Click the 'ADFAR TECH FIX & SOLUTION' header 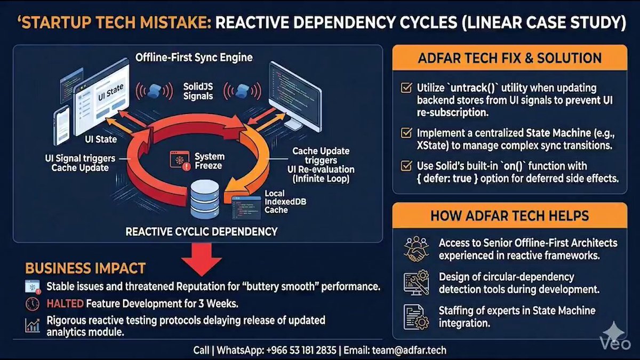tap(510, 58)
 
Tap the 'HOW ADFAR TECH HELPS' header tap(510, 215)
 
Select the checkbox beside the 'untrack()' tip tap(406, 87)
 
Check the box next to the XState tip tap(406, 133)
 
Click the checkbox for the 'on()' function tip tap(406, 166)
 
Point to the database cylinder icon tap(205, 199)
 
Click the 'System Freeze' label tap(210, 161)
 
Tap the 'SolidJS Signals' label tap(198, 91)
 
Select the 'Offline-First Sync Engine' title tap(194, 58)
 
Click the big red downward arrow tap(202, 259)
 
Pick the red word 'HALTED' tap(65, 303)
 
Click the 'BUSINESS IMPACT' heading tap(85, 268)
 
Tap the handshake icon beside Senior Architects tap(417, 249)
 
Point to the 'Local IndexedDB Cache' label tap(285, 202)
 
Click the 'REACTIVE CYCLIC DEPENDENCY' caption tap(202, 231)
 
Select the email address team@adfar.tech tap(409, 350)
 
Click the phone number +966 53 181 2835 tap(301, 350)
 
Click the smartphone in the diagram tap(61, 125)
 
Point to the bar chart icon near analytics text tap(33, 325)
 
